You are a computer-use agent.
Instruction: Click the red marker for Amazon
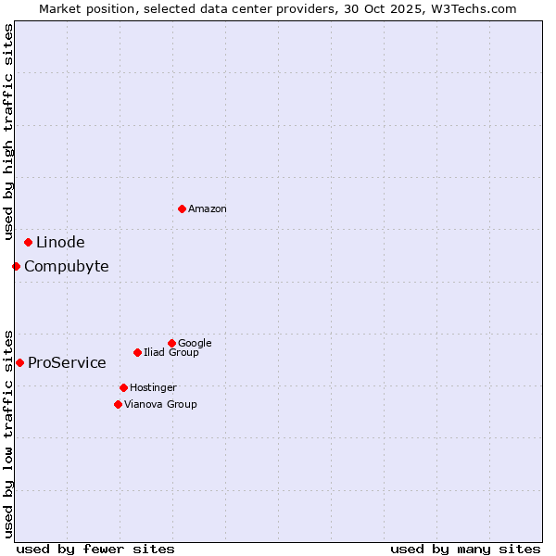182,208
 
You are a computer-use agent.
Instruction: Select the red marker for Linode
28,242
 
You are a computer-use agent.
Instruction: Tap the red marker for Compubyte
16,266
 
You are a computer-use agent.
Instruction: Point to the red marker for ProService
19,362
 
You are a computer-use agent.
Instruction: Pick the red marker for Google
171,343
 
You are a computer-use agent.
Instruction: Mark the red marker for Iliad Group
137,352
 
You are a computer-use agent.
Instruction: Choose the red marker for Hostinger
123,387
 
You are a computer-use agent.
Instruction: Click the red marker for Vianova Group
118,404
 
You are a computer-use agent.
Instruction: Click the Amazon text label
208,209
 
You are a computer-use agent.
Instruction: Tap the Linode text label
60,243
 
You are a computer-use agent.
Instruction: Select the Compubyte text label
66,267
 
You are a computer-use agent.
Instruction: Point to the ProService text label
67,363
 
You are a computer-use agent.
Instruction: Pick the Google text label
195,344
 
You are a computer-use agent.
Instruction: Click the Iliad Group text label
171,353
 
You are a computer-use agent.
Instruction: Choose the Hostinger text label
153,388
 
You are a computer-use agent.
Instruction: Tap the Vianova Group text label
160,405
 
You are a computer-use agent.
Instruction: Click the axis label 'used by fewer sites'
95,549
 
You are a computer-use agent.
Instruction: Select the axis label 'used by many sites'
465,549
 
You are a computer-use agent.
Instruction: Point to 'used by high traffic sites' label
9,133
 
